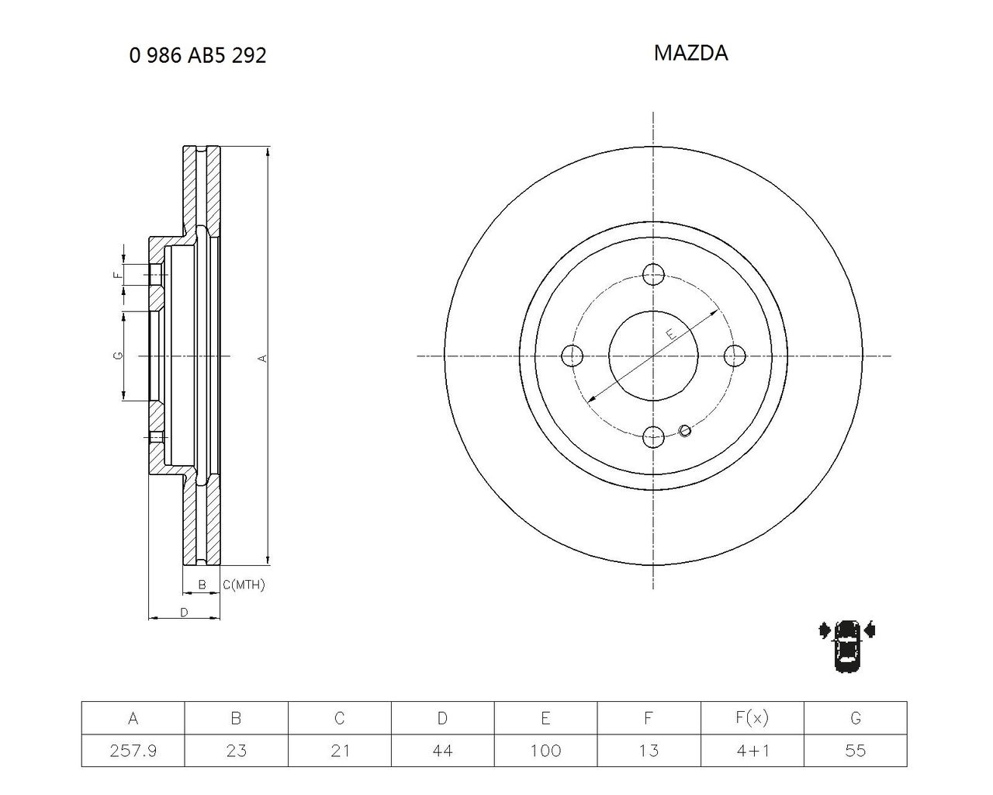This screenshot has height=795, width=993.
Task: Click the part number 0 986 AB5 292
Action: pos(198,55)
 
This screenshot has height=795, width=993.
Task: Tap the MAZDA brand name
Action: pos(690,53)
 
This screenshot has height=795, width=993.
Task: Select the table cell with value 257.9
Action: pos(133,751)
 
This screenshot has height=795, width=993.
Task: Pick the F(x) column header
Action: pos(753,718)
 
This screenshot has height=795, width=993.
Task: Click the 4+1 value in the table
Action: pos(753,751)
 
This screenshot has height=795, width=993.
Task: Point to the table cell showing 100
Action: pos(546,751)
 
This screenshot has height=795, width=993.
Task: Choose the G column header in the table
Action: pos(856,718)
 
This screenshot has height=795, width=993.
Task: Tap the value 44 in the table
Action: pos(442,751)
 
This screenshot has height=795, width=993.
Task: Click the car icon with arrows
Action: pos(846,646)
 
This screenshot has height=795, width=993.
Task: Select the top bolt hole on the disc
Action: pos(653,275)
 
